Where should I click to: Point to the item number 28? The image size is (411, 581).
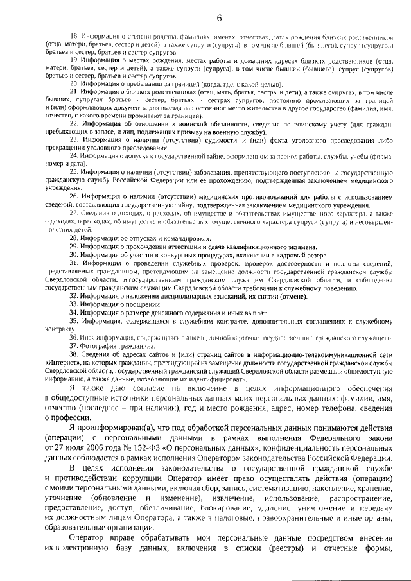tap(73, 238)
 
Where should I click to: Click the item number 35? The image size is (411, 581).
tap(73, 320)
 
